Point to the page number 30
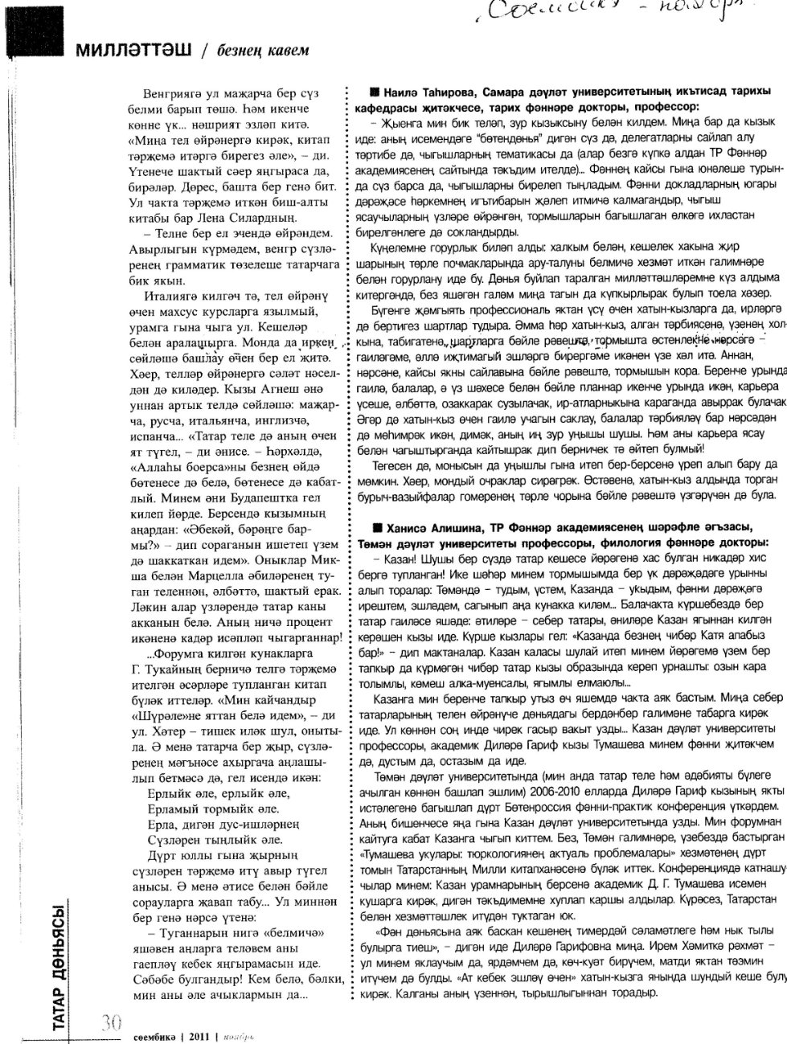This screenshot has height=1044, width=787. [x=110, y=1021]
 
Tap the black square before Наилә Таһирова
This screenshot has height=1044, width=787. [x=375, y=92]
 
